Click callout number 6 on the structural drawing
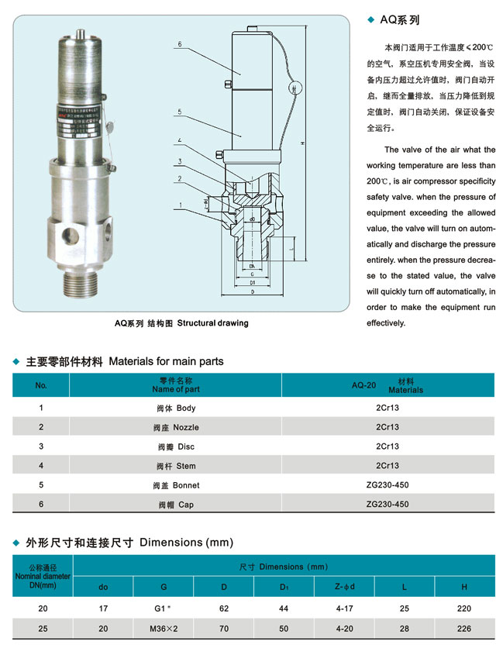(178, 45)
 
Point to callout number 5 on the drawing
(178, 112)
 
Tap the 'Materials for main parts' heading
(166, 361)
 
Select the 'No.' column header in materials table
(41, 385)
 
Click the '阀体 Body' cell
(176, 408)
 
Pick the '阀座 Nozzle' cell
(176, 427)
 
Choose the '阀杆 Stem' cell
(176, 466)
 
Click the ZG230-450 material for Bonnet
(387, 485)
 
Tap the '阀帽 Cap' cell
(176, 505)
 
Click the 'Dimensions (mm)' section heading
(186, 543)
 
